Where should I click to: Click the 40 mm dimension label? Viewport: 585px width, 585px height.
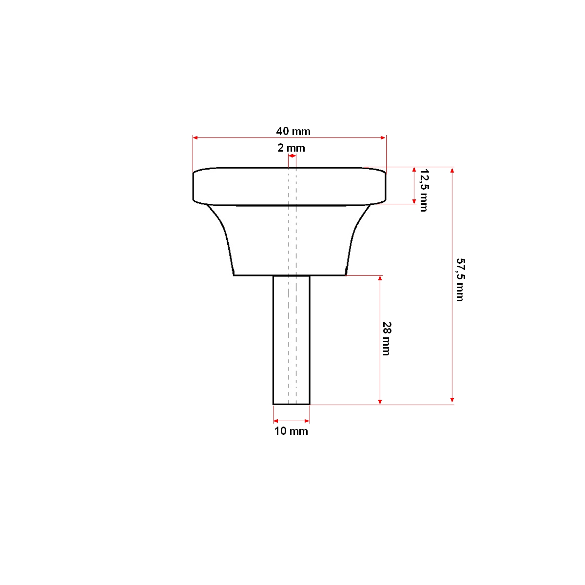pyautogui.click(x=293, y=131)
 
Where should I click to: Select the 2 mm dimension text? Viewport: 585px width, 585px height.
pyautogui.click(x=292, y=148)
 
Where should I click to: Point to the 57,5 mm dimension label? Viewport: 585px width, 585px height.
pyautogui.click(x=459, y=279)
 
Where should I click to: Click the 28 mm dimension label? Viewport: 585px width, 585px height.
pyautogui.click(x=386, y=338)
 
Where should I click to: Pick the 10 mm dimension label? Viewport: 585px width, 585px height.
pyautogui.click(x=291, y=431)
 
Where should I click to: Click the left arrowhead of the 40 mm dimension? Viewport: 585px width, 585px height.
pyautogui.click(x=195, y=138)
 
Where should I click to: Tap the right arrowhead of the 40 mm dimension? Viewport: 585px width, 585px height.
pyautogui.click(x=384, y=138)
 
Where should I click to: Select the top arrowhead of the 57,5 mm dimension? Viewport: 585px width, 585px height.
pyautogui.click(x=452, y=170)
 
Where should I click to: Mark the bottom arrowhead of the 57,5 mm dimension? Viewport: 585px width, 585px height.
pyautogui.click(x=452, y=401)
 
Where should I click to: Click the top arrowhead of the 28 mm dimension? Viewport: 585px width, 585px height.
pyautogui.click(x=380, y=278)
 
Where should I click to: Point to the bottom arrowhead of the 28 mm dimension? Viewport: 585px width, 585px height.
pyautogui.click(x=380, y=401)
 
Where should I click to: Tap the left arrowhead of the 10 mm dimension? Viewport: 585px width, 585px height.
pyautogui.click(x=275, y=421)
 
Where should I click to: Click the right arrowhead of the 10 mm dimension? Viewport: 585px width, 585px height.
pyautogui.click(x=307, y=421)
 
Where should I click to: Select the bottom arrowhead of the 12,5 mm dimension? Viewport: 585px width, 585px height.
pyautogui.click(x=414, y=201)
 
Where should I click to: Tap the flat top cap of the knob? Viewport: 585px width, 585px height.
pyautogui.click(x=290, y=186)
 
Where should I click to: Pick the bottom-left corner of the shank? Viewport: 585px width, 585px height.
pyautogui.click(x=273, y=404)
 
